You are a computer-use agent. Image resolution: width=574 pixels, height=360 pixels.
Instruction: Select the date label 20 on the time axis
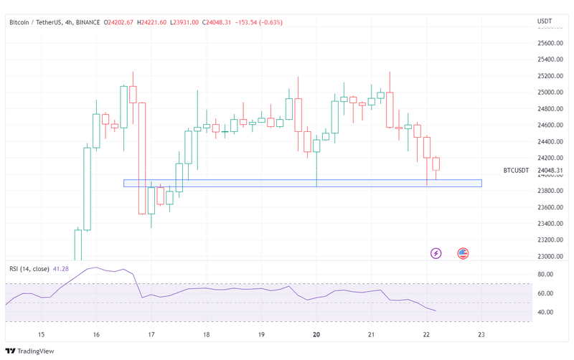[316, 335]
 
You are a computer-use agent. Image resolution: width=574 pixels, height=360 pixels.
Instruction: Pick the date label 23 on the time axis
[481, 335]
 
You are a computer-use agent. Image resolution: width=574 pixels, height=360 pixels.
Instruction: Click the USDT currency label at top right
[545, 22]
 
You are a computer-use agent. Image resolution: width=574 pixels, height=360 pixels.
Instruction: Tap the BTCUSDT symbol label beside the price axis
[516, 171]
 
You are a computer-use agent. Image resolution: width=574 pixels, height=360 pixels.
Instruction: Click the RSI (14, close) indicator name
[29, 269]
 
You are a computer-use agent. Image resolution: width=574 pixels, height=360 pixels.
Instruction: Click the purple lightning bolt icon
[436, 253]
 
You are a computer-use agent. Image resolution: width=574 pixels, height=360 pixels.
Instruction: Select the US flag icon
[464, 253]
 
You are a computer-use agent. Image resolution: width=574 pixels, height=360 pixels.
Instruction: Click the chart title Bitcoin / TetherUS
[34, 22]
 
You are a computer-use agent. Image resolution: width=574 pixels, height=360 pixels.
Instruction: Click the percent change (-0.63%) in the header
[268, 22]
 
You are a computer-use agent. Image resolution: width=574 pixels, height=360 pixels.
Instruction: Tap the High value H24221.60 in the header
[152, 22]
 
